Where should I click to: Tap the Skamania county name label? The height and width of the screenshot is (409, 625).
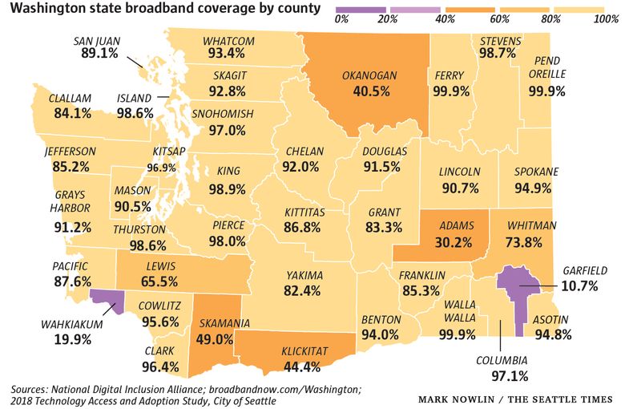224,323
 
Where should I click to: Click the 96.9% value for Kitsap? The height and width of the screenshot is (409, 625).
161,168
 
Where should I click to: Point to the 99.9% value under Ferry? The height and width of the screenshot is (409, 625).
450,91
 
